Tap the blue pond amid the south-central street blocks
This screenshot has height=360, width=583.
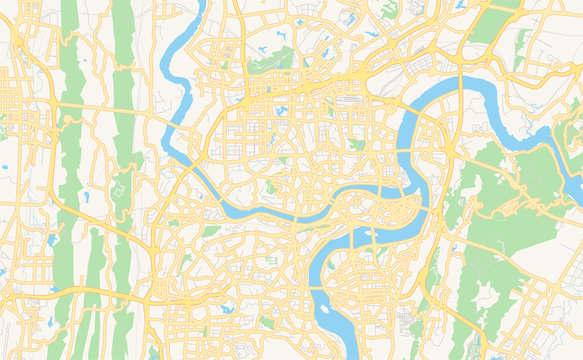point(228,309)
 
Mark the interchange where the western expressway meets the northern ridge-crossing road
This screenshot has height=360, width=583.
point(30,100)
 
